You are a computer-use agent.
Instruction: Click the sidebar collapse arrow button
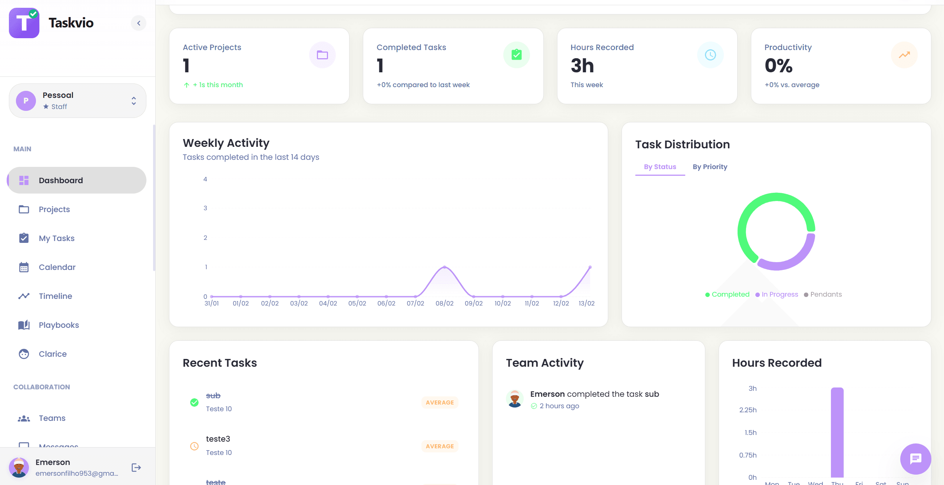(139, 23)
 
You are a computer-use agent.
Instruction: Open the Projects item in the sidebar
(54, 209)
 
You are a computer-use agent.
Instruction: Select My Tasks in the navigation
(56, 238)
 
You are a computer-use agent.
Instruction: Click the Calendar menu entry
(57, 267)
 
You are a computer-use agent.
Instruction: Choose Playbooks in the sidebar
(59, 325)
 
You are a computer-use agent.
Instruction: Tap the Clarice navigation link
(53, 354)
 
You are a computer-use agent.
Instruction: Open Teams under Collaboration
(52, 418)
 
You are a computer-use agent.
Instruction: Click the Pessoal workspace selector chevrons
(134, 101)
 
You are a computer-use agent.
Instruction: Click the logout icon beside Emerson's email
(136, 468)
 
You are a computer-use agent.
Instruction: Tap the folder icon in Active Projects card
(322, 55)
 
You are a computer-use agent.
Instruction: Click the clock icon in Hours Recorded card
(710, 55)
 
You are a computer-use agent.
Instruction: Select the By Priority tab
(710, 167)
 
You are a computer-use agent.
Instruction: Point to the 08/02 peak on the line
(444, 267)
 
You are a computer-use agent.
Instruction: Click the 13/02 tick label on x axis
(586, 303)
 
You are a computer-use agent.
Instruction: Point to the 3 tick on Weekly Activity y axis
(205, 208)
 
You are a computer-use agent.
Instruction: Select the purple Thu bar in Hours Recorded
(837, 432)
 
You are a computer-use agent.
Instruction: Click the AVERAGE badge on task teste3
(440, 446)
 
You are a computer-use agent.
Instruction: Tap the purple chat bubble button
(915, 459)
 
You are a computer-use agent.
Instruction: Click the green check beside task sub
(194, 402)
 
